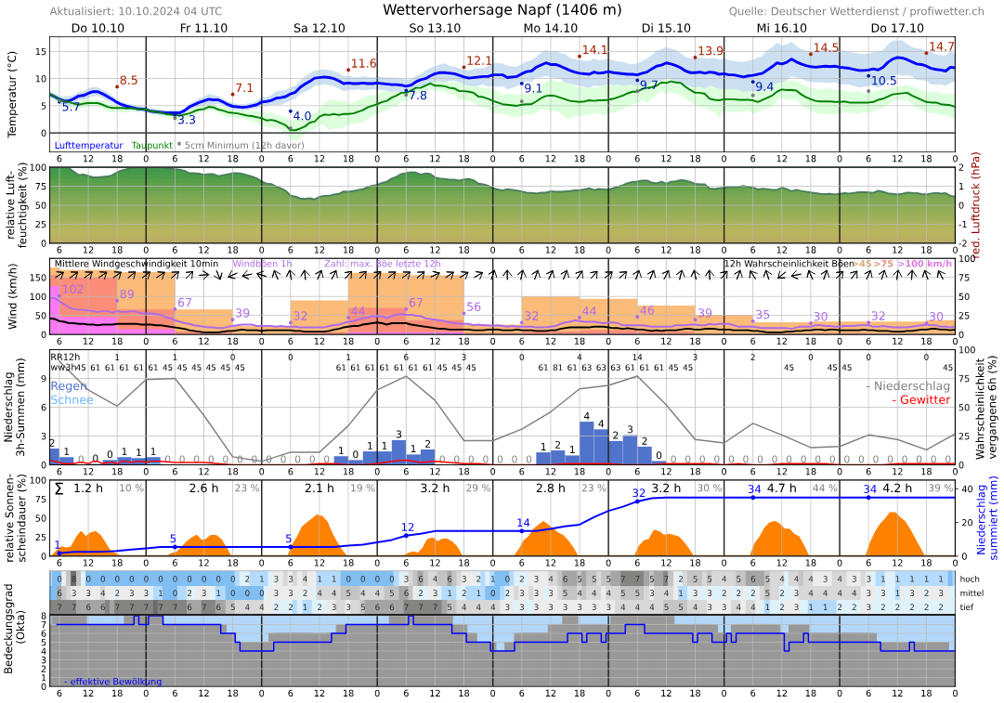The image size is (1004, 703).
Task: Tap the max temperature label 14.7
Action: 941,46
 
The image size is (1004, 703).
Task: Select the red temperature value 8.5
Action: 128,80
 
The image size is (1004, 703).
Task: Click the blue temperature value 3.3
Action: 186,120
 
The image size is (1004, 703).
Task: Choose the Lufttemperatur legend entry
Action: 89,145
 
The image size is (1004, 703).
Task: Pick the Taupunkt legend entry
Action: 151,145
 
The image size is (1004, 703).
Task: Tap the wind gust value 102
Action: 72,290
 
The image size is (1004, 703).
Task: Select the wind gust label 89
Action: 127,294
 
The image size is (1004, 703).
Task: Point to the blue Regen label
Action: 70,385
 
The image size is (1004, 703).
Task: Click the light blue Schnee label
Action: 72,399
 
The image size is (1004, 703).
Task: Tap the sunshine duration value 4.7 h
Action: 781,488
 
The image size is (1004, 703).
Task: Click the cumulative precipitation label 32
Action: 638,492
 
